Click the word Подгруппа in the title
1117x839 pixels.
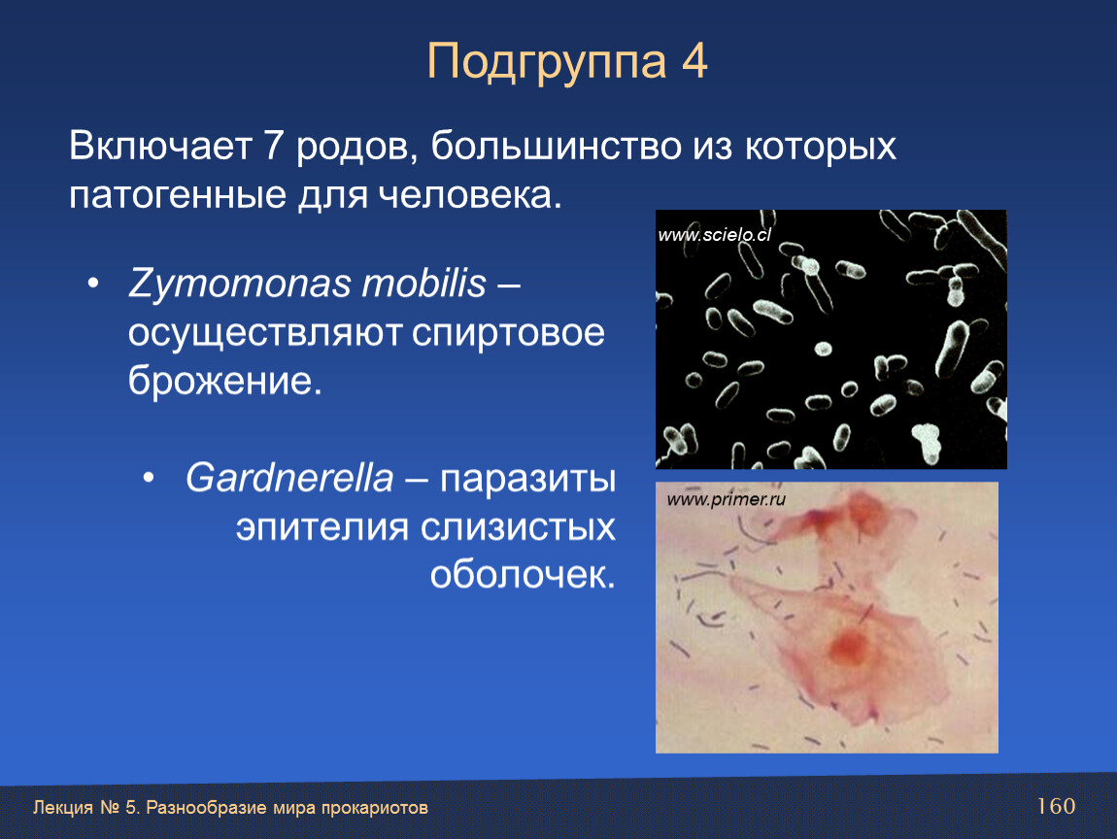pos(547,63)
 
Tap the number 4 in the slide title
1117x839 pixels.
pos(694,60)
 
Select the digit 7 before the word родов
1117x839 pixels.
pos(274,146)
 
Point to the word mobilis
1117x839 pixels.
pos(423,283)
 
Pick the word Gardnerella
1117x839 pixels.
pos(289,477)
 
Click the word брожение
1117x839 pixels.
pos(225,381)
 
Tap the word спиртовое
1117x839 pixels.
pos(508,334)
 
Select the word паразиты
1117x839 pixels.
pos(527,480)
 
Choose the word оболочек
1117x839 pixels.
pos(523,574)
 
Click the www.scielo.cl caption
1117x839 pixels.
pos(715,235)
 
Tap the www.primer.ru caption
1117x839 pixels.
pos(726,499)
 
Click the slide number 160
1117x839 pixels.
pos(1056,806)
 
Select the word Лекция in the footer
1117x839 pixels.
pos(63,808)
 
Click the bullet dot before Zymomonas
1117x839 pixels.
pos(92,284)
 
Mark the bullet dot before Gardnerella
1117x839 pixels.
pos(149,478)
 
